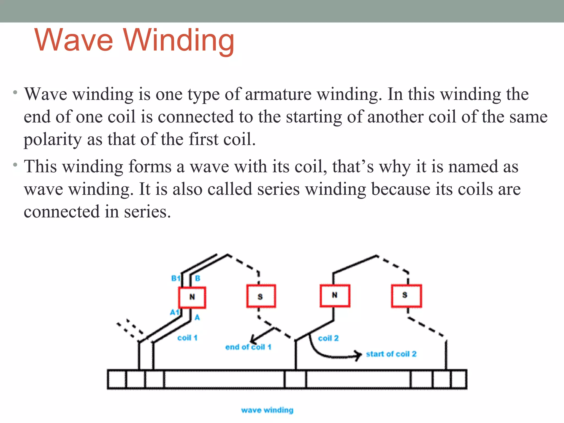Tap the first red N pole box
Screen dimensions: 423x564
tap(192, 297)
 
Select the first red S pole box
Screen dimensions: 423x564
tap(261, 296)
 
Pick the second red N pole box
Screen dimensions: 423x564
tap(335, 295)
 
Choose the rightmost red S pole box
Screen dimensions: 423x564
tap(406, 295)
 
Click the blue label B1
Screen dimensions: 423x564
tap(175, 278)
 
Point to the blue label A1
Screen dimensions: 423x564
tap(174, 312)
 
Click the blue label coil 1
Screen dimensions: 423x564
tap(187, 338)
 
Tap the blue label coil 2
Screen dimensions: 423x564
tap(328, 338)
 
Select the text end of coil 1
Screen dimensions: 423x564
tap(248, 347)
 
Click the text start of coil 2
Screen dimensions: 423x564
tap(391, 354)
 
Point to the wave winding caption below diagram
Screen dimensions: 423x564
tap(267, 410)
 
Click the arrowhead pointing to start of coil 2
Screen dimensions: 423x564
tap(359, 355)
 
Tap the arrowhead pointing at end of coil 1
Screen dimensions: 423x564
tap(253, 339)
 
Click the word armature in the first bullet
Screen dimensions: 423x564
tap(278, 94)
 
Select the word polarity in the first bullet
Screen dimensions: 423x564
tap(53, 139)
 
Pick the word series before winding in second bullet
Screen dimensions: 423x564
tap(278, 189)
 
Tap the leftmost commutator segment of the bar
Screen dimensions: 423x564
tap(117, 379)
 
